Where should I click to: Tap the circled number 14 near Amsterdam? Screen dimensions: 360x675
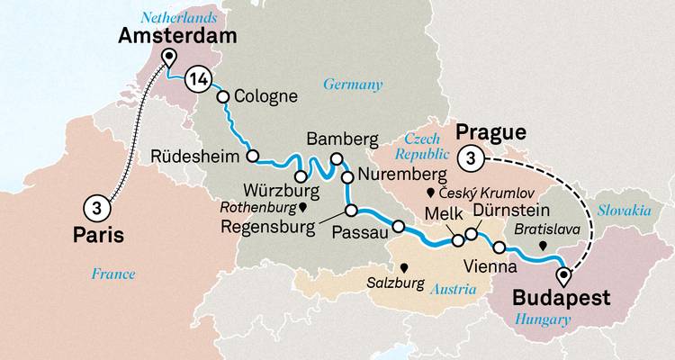200,81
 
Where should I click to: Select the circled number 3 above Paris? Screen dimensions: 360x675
96,207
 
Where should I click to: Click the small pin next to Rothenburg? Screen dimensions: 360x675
303,207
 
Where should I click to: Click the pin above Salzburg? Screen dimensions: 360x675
404,267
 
